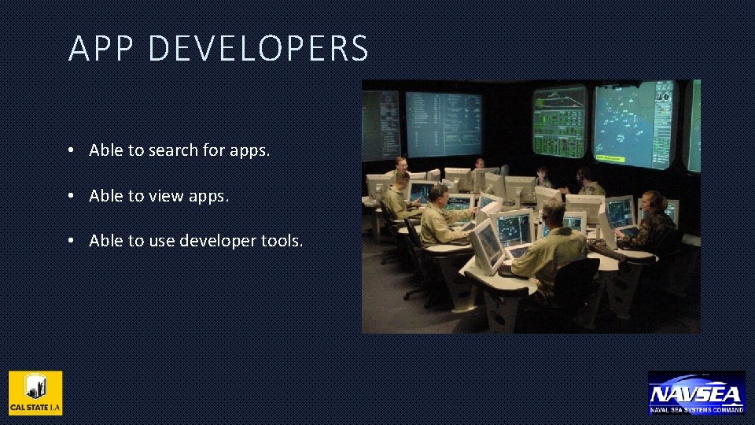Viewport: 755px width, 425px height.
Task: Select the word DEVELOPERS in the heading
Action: click(x=258, y=48)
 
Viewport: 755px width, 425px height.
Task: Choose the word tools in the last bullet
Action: click(x=281, y=242)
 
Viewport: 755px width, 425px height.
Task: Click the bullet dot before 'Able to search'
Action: click(x=71, y=150)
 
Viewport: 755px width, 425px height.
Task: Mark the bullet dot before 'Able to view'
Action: click(x=71, y=196)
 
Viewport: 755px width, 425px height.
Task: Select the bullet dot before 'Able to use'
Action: click(x=71, y=242)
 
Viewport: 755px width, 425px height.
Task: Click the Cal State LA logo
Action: click(x=35, y=393)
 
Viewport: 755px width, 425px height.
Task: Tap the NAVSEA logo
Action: click(x=696, y=391)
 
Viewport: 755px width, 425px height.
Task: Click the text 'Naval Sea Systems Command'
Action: click(x=696, y=410)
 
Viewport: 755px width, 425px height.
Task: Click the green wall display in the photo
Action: click(x=559, y=122)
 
